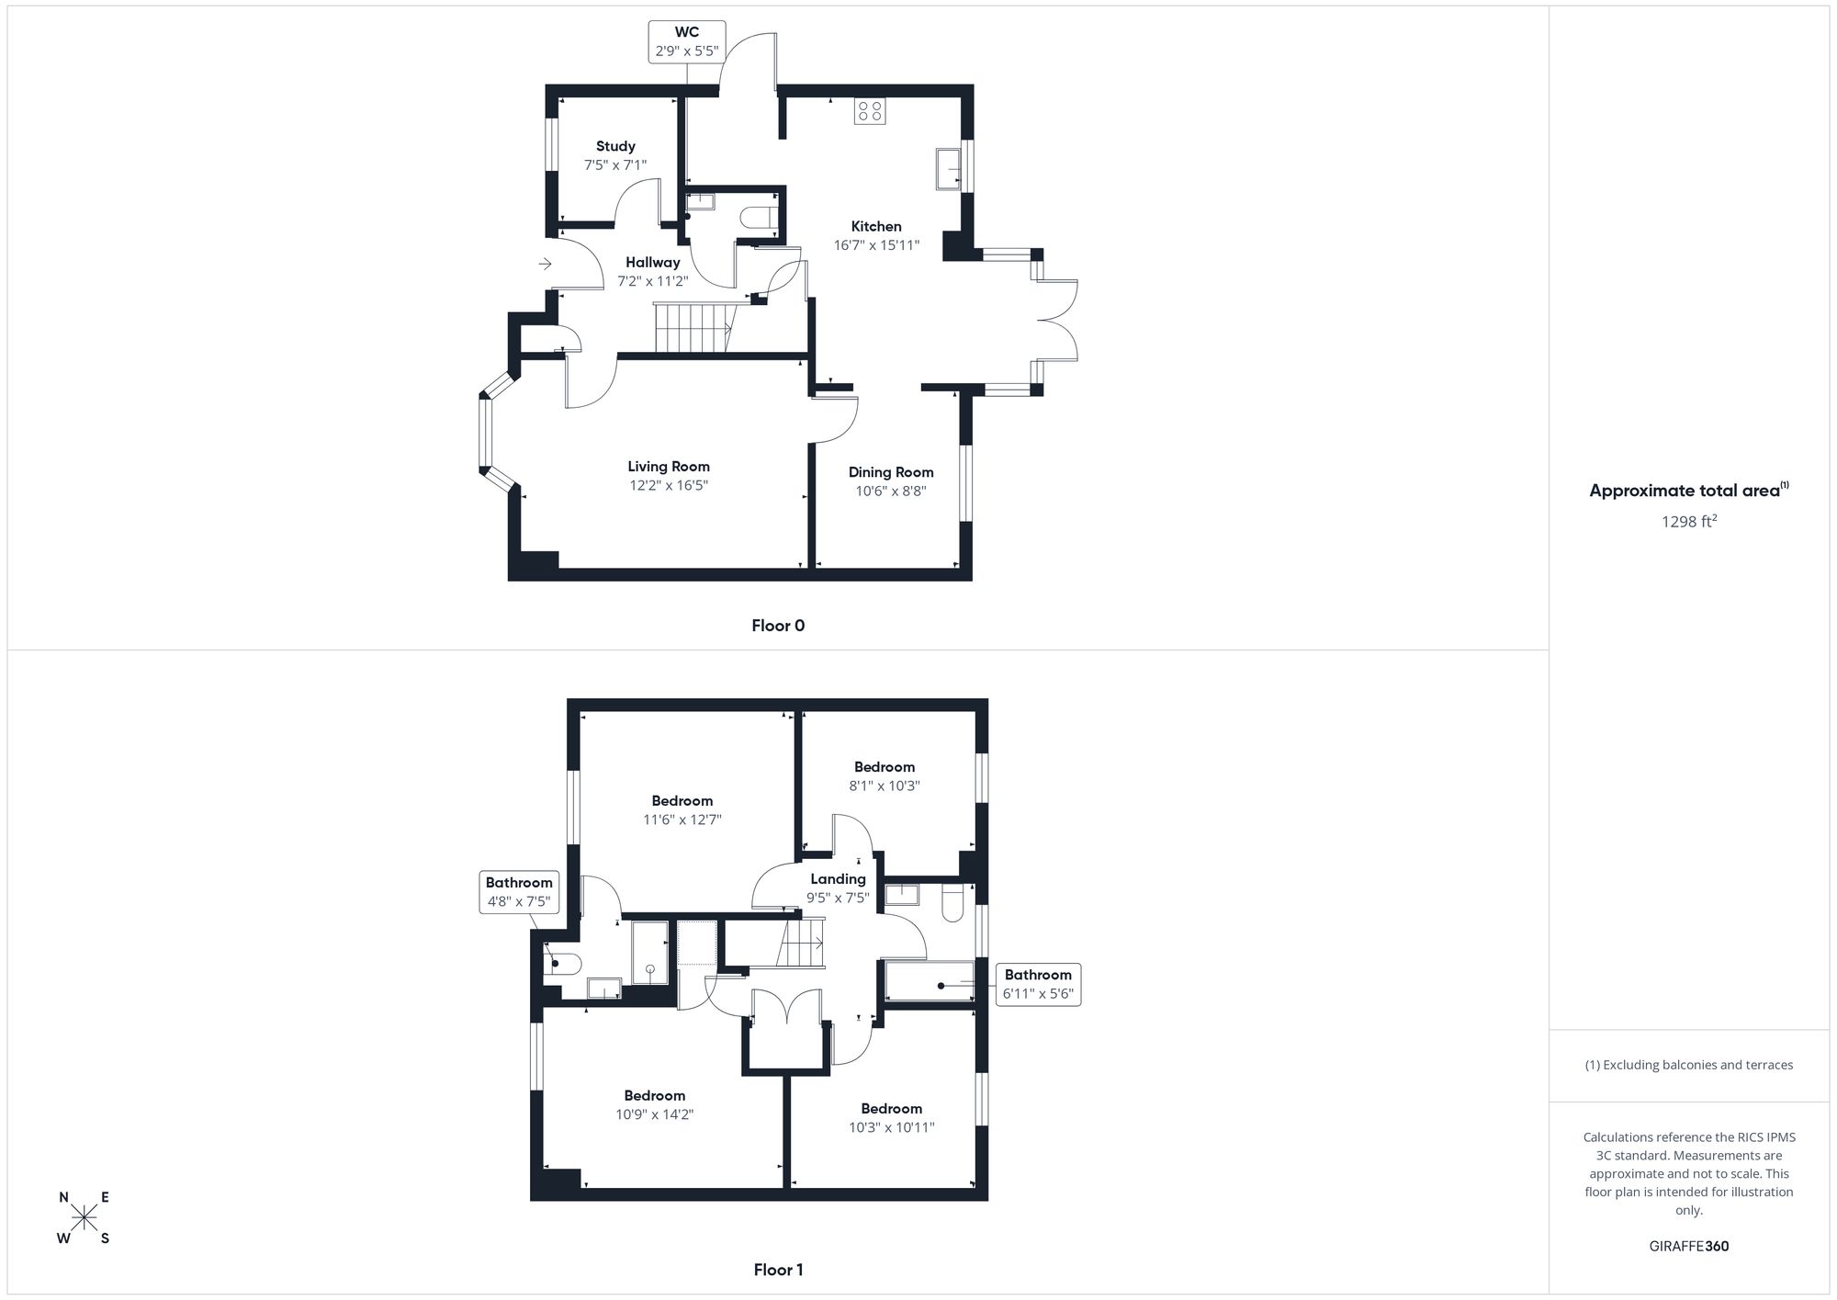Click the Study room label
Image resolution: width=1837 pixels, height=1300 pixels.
[615, 146]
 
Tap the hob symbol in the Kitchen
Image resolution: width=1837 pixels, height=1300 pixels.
[869, 111]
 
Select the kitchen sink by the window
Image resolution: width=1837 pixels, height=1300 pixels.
[948, 168]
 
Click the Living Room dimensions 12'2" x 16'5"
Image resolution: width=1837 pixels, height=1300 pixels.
[669, 485]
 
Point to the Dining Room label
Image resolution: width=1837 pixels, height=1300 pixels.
[890, 472]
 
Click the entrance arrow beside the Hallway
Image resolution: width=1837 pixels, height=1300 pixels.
[545, 265]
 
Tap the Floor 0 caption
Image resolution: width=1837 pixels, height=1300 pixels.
[778, 626]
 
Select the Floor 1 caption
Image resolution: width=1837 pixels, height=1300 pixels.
[778, 1270]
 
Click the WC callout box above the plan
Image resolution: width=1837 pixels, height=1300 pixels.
[687, 42]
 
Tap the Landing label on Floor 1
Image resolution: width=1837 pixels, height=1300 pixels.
[838, 879]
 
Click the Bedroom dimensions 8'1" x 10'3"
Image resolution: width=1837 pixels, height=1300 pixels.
[885, 786]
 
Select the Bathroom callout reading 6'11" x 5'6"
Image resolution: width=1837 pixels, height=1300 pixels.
[1038, 984]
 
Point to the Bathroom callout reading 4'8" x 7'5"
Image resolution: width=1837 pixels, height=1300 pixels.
[519, 892]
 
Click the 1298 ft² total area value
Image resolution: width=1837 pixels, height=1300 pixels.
[1689, 522]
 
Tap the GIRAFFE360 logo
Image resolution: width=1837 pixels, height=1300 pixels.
[1688, 1247]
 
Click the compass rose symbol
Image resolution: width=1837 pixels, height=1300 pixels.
[85, 1218]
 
